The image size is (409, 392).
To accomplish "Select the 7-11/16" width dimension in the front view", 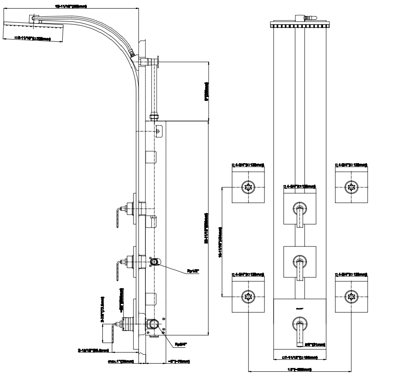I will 300,357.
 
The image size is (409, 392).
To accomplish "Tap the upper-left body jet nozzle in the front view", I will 248,187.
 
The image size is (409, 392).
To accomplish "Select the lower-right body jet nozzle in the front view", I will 351,296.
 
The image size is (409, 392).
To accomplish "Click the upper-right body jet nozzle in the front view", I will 351,187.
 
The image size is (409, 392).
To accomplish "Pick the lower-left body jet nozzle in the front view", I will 248,296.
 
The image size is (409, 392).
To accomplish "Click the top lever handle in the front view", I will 300,217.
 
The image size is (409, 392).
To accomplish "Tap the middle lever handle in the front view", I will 300,268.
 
